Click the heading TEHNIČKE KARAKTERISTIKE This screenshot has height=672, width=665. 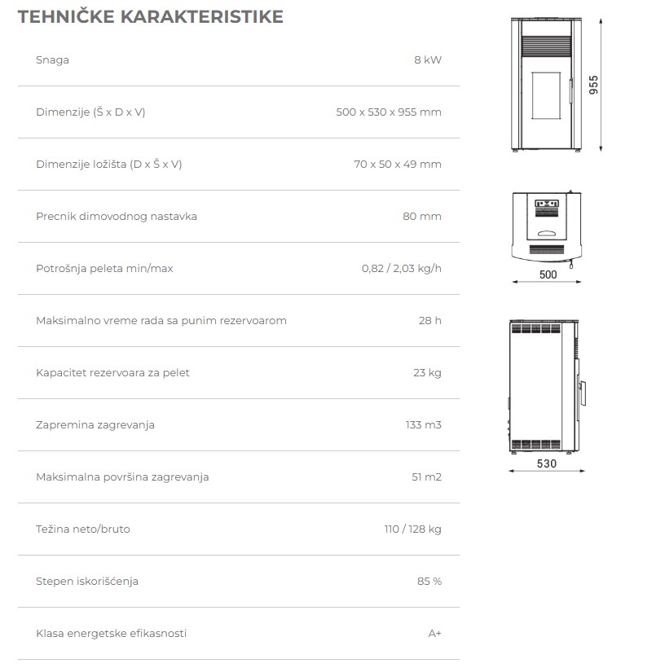point(151,17)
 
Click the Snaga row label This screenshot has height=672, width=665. point(52,60)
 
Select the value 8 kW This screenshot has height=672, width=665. point(427,60)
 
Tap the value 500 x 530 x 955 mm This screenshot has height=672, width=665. point(388,112)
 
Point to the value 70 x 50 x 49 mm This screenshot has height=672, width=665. point(398,165)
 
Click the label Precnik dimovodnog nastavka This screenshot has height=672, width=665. point(117,217)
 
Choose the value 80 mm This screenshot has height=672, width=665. point(422,217)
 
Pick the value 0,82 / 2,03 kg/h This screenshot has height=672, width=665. point(402,269)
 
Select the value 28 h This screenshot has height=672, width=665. point(430,321)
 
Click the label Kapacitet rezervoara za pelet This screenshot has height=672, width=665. point(112,373)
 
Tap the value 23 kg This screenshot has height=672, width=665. point(427,373)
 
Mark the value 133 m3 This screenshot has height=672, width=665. point(424,425)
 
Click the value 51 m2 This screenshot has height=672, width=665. point(426,477)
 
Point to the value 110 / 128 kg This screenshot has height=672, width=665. point(412,529)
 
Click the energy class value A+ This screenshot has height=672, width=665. point(434,634)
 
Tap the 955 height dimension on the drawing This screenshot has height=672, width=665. point(594,86)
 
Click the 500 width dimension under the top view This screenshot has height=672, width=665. point(548,275)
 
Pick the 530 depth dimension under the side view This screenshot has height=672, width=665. point(547,464)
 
